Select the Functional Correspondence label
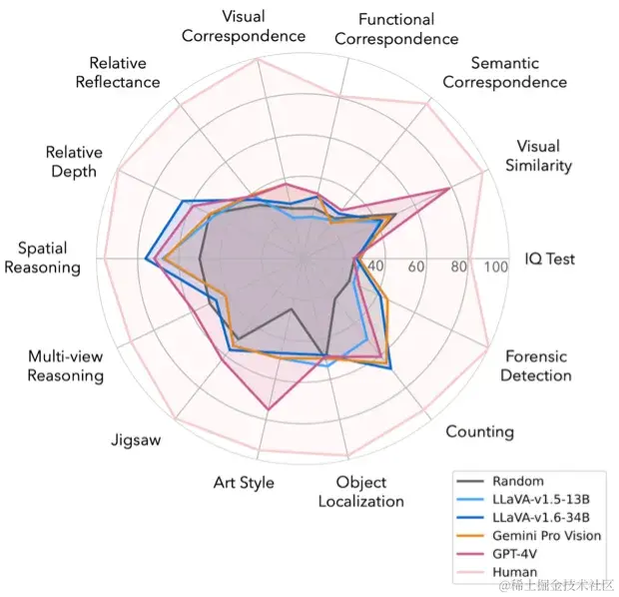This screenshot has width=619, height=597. pyautogui.click(x=396, y=29)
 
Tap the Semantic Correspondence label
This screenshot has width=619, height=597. pyautogui.click(x=504, y=73)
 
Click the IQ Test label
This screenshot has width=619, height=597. pyautogui.click(x=550, y=259)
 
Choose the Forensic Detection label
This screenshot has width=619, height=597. pyautogui.click(x=536, y=365)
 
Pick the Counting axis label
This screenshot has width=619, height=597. pyautogui.click(x=479, y=431)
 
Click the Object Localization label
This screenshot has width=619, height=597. pyautogui.click(x=361, y=492)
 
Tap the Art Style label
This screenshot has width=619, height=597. pyautogui.click(x=244, y=482)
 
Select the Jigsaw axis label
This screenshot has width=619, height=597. pyautogui.click(x=136, y=440)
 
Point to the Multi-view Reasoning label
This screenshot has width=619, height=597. pyautogui.click(x=66, y=366)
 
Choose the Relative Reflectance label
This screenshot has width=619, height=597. pyautogui.click(x=118, y=72)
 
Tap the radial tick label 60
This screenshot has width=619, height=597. pyautogui.click(x=416, y=267)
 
